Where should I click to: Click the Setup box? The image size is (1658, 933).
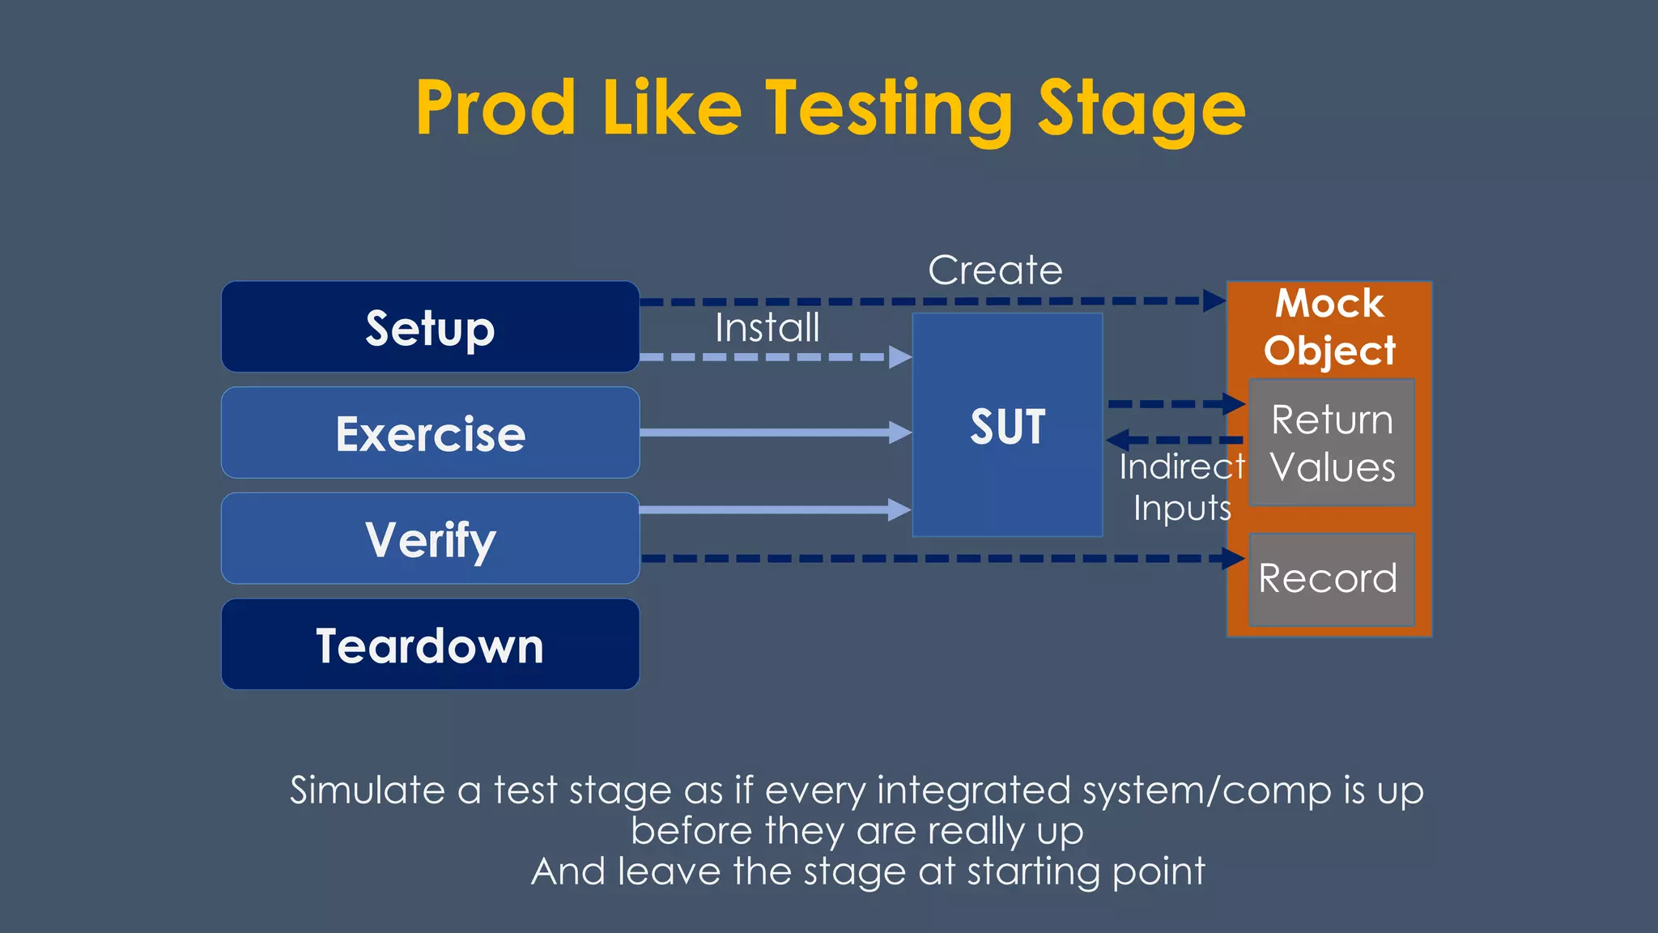(430, 327)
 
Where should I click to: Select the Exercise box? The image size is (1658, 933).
(430, 433)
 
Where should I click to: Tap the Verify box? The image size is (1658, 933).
(430, 539)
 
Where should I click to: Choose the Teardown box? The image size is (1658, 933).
(430, 645)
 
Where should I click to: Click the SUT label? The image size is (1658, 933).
(1007, 427)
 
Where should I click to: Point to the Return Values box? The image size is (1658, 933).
(1331, 443)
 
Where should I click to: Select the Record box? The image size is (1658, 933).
(1331, 579)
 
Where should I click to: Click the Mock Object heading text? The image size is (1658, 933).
(1329, 327)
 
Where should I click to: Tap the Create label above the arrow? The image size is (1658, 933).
(995, 271)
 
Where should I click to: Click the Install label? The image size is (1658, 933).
(767, 328)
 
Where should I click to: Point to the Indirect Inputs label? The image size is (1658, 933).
(1181, 488)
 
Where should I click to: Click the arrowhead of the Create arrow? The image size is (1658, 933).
(1214, 301)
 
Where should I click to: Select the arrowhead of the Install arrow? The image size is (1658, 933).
(899, 357)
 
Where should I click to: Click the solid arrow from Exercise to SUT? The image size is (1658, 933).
(769, 432)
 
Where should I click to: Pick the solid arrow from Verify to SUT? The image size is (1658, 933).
(769, 509)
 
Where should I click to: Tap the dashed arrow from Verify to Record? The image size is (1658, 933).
(931, 558)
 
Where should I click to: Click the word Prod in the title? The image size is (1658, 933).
(495, 109)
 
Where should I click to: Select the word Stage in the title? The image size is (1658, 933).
(1141, 109)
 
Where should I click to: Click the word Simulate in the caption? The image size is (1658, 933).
(367, 790)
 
